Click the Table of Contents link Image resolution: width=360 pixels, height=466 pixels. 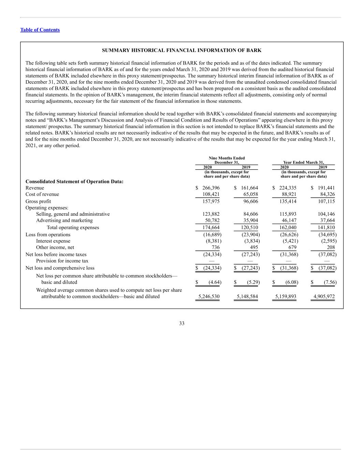40,30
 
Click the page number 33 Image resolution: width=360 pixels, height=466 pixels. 182,323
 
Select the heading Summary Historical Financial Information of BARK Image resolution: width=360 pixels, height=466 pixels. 182,50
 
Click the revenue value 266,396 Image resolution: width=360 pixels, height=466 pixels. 211,188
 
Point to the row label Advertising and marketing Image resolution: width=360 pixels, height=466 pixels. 64,220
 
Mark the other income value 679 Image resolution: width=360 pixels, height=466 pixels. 292,247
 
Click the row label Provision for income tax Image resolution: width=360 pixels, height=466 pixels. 62,261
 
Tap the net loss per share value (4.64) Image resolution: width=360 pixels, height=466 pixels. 215,282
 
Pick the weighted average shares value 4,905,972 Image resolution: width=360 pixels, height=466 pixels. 324,296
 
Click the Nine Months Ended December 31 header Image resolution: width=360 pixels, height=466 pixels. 227,160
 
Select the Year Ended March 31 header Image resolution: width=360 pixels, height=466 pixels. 304,163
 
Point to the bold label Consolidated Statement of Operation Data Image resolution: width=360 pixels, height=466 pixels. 74,181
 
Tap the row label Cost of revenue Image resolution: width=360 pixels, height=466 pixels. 42,194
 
